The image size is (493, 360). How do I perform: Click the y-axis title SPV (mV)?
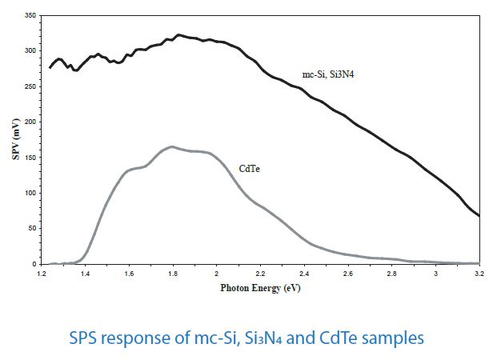[14, 139]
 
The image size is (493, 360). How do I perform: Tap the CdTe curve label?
[250, 170]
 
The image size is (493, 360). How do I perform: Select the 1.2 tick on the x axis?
[42, 273]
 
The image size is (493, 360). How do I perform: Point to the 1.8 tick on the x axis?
[173, 273]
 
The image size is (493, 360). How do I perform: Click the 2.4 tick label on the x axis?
[304, 273]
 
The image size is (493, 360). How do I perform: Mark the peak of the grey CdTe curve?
[172, 146]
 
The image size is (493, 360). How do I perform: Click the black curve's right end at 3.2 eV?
[479, 215]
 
